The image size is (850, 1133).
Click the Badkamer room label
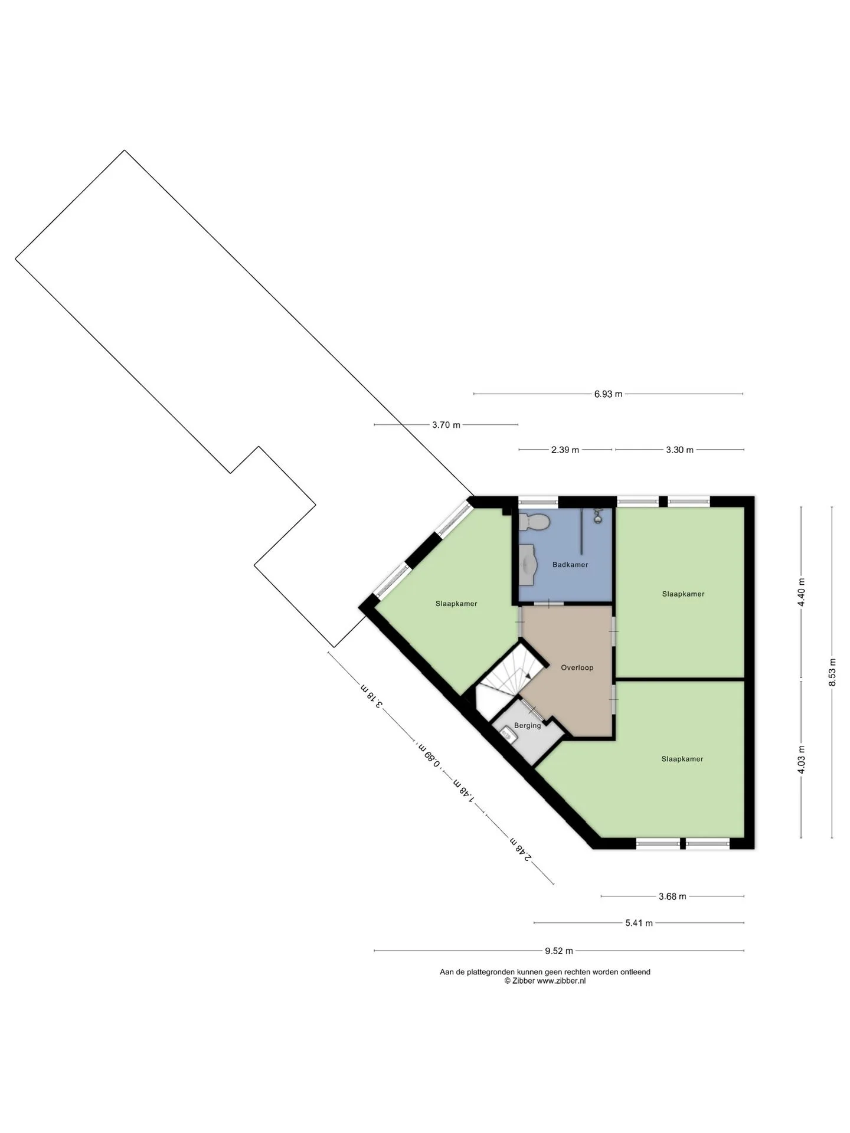point(570,565)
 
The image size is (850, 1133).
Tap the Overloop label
point(577,667)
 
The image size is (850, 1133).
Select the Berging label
point(527,726)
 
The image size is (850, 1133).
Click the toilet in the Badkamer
point(535,522)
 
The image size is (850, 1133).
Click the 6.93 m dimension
point(608,394)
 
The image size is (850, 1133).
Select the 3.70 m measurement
point(446,424)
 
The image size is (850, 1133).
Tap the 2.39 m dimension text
point(565,450)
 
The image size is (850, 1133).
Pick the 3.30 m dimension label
point(679,450)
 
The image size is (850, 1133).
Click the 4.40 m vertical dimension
point(801,592)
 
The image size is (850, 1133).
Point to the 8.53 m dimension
point(832,672)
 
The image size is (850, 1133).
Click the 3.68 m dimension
point(672,896)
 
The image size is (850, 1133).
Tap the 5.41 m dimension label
point(639,923)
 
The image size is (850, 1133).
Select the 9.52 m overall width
point(559,951)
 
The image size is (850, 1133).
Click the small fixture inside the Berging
point(507,735)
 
